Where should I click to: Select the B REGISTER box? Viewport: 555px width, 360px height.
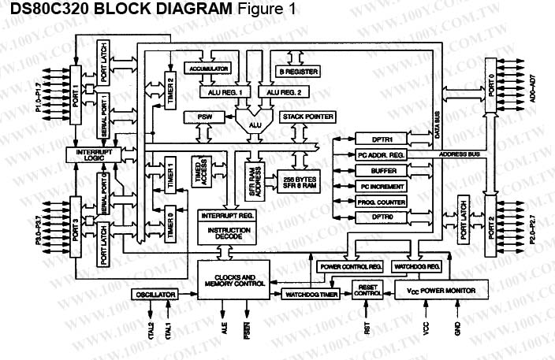[x=298, y=71]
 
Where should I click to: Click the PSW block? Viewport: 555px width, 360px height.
[x=194, y=117]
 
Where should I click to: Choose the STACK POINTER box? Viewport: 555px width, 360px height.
[x=304, y=117]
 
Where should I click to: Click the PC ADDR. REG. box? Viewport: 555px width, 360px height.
[x=382, y=155]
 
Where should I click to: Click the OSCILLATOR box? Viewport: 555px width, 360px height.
[x=155, y=294]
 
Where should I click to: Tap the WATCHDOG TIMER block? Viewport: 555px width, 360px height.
[x=310, y=294]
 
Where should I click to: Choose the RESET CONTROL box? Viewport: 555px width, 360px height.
[x=370, y=290]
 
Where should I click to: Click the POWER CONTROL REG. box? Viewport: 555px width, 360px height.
[x=350, y=267]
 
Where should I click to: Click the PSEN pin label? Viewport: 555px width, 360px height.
[x=247, y=328]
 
